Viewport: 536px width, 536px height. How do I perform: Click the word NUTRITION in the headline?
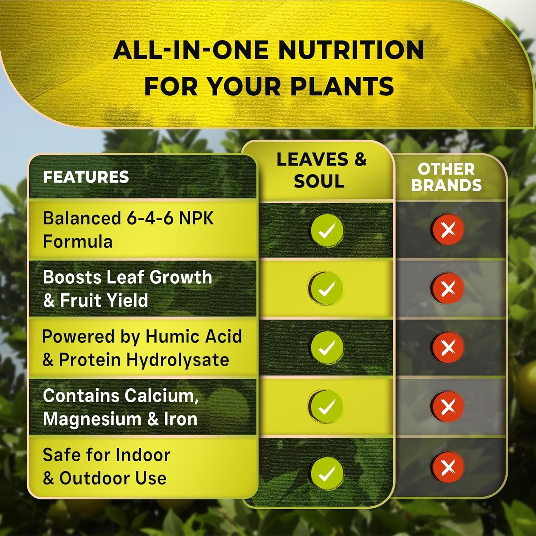(351, 50)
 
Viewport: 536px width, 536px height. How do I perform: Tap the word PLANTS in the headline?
(342, 87)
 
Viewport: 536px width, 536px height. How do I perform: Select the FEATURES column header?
(86, 177)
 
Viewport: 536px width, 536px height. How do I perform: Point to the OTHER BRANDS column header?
(446, 177)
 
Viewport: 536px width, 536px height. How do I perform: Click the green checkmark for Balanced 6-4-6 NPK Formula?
(327, 230)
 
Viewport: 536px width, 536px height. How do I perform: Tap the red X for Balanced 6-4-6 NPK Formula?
(448, 229)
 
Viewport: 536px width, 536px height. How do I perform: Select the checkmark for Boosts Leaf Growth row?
(327, 288)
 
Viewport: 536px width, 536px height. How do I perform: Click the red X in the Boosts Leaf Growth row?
(448, 288)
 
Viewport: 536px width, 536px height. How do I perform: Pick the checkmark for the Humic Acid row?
(327, 347)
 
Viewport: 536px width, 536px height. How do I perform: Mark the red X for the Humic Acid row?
(448, 347)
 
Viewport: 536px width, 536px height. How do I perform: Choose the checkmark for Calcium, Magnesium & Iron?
(327, 406)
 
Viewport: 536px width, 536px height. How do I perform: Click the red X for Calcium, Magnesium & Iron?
(448, 406)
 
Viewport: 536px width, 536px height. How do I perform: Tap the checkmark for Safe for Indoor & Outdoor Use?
(327, 473)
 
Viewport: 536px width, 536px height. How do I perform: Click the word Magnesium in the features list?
(93, 419)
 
